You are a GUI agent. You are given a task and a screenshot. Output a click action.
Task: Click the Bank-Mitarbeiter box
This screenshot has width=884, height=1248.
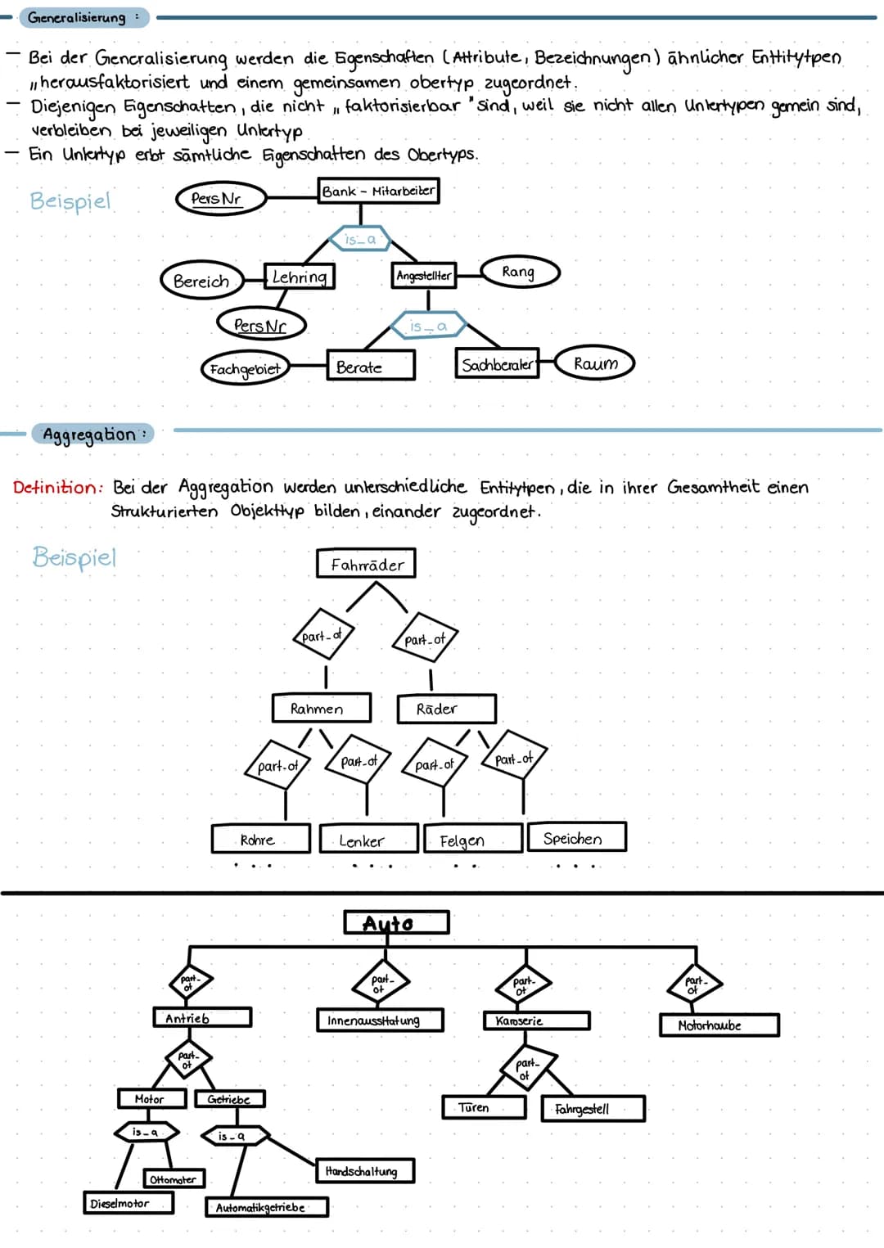point(378,191)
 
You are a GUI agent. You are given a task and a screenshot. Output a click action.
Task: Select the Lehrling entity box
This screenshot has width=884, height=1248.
point(299,277)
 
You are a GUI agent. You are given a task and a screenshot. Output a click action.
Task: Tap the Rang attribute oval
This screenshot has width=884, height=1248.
point(519,272)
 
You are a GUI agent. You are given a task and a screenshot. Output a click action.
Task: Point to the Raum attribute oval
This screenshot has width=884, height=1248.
point(595,363)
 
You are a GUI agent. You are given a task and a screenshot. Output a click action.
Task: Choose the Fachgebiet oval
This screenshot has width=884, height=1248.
point(244,368)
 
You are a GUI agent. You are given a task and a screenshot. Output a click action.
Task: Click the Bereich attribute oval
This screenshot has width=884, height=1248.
point(201,281)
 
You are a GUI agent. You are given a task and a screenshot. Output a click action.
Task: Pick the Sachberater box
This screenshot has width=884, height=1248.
point(496,364)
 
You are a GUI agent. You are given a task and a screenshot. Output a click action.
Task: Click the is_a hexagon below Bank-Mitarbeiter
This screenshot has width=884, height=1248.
point(360,239)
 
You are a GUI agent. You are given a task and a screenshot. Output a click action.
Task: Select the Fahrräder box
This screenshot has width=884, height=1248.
point(367,564)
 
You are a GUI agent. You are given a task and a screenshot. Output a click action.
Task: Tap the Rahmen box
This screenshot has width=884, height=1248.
point(320,708)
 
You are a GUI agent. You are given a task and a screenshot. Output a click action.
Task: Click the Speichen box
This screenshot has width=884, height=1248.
point(576,837)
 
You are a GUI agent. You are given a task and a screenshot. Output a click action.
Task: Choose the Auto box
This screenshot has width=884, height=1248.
point(396,923)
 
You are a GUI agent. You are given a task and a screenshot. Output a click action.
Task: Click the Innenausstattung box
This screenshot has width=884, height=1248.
point(380,1020)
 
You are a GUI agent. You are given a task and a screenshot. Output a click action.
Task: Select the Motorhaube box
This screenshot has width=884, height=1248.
point(718,1025)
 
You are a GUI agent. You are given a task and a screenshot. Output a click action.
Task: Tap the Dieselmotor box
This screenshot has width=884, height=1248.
point(129,1203)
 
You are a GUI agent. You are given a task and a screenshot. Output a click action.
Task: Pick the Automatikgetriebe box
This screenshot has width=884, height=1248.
point(266,1207)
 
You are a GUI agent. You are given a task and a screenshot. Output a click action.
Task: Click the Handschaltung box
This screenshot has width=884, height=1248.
point(364,1171)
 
